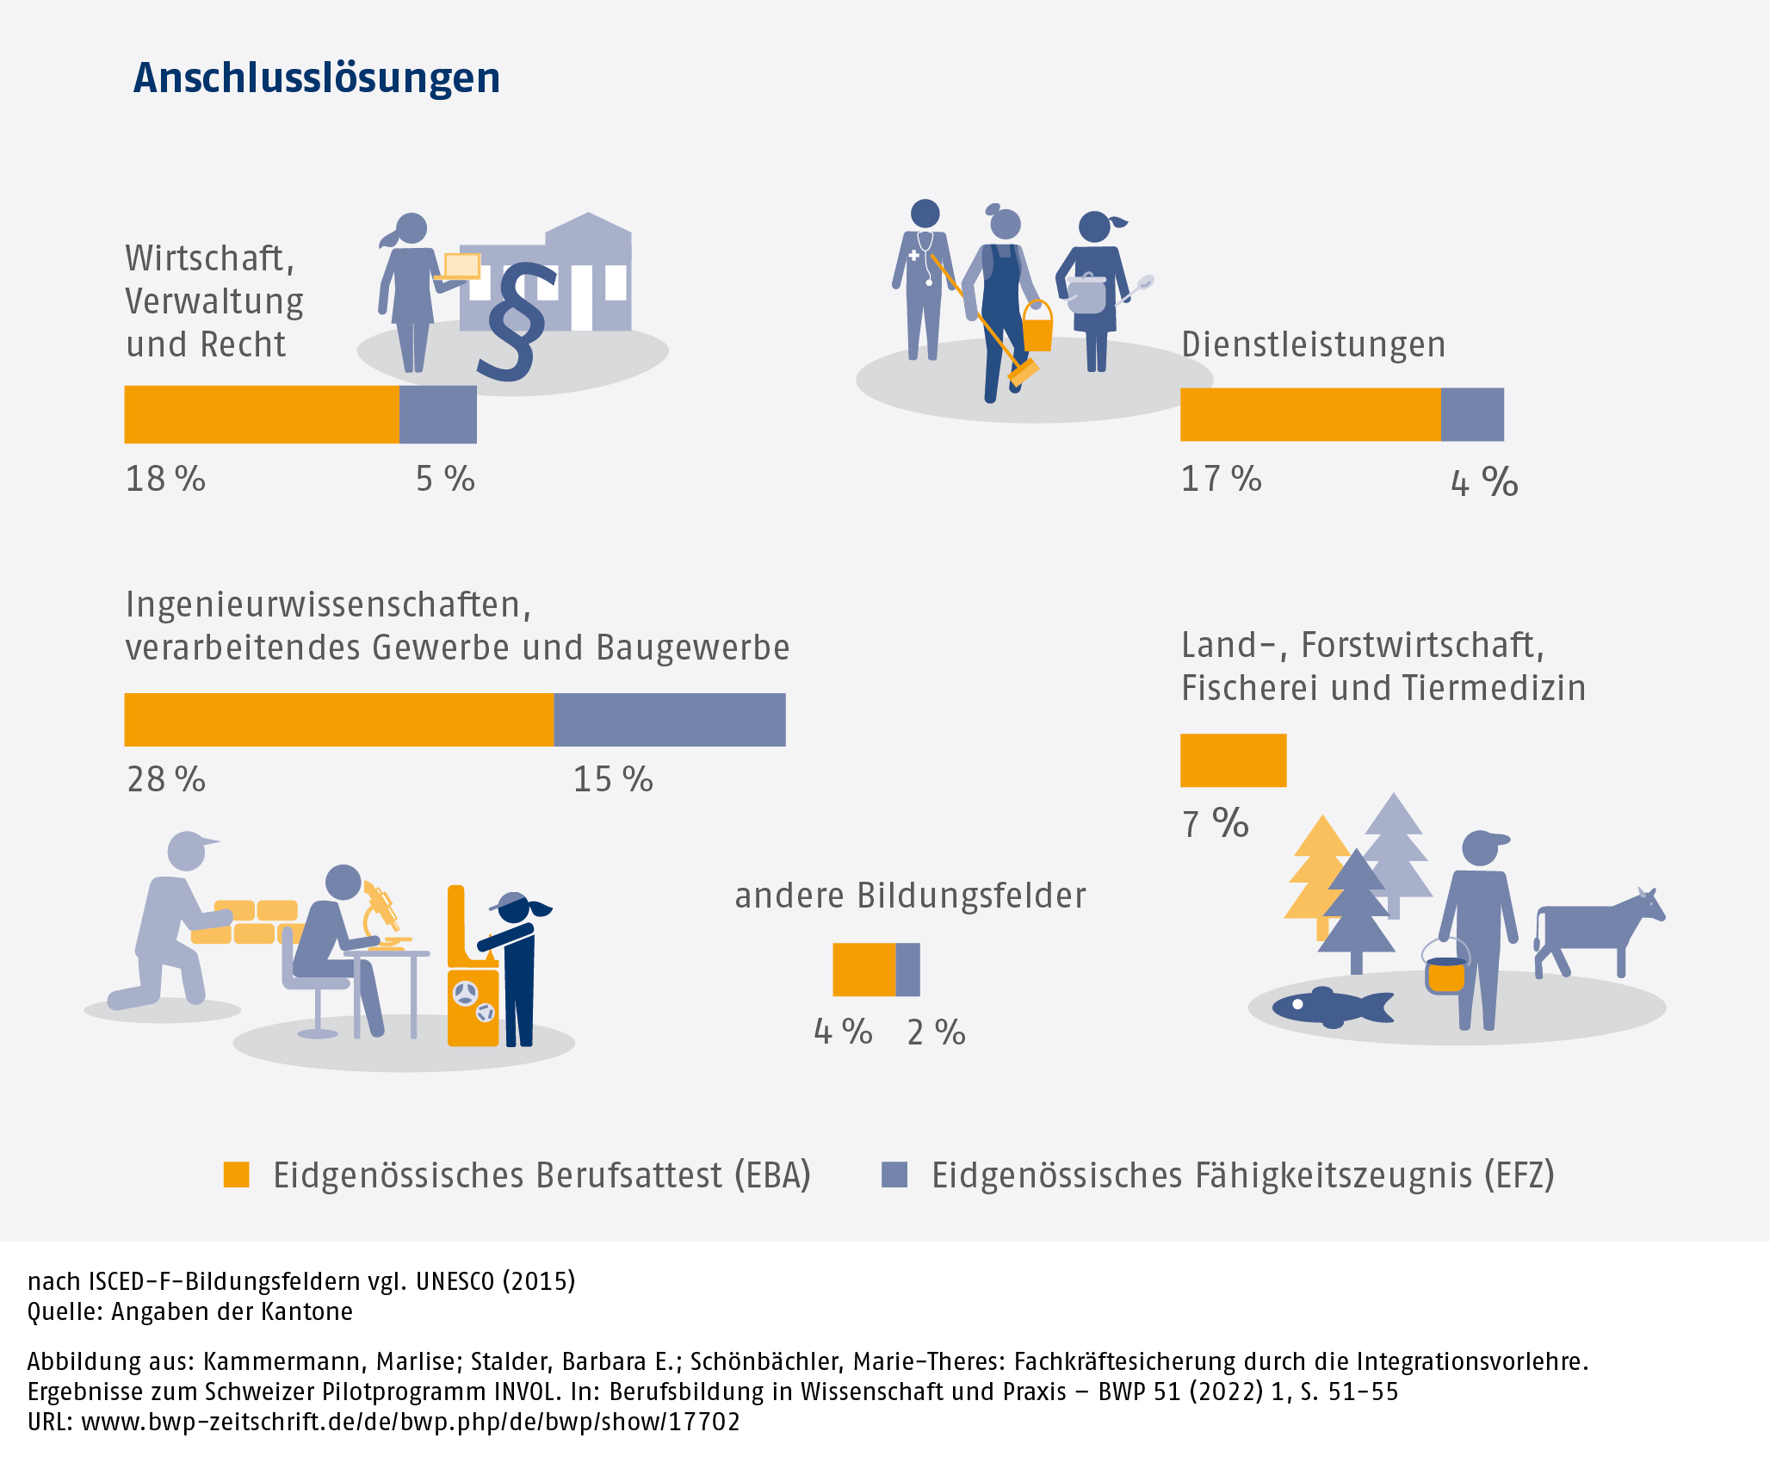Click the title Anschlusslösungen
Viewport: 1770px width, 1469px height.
316,77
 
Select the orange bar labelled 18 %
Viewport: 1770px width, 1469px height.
261,414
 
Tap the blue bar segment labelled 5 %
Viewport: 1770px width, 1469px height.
437,414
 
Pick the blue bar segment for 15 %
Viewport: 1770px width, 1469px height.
669,720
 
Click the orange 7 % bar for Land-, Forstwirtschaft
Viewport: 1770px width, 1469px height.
1233,760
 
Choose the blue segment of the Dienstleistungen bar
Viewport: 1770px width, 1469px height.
1472,414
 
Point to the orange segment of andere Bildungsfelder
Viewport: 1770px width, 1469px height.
863,970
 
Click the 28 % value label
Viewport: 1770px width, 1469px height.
166,779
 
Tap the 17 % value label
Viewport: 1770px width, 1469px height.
1221,479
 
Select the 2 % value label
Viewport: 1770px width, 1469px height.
936,1032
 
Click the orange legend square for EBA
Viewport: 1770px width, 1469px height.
237,1175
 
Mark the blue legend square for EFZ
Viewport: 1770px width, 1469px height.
894,1175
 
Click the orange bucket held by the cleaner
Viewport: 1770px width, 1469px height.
1037,327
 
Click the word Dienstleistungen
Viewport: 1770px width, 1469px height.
1313,344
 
